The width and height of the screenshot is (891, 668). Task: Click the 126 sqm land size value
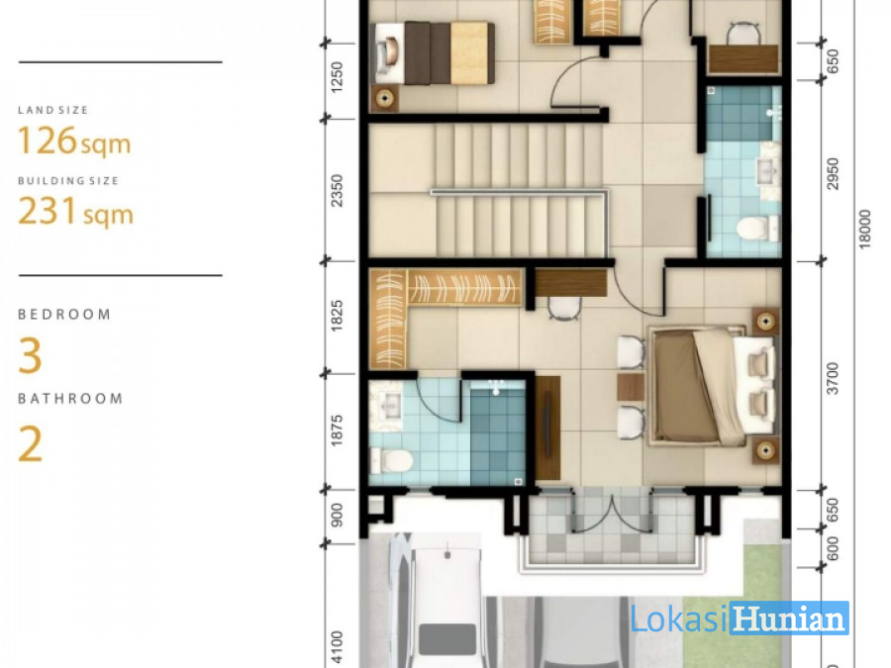74,141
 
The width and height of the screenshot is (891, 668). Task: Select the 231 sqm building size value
75,212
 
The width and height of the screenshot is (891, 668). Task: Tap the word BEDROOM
64,315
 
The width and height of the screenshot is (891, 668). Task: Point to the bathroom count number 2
30,444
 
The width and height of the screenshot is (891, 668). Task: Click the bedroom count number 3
30,356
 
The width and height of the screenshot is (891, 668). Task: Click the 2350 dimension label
337,190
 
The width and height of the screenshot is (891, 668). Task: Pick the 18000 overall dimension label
864,230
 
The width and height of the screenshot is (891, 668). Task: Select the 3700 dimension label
833,378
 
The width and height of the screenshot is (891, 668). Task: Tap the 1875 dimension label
337,431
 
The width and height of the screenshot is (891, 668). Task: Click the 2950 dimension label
833,174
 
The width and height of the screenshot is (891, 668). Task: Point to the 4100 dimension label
337,647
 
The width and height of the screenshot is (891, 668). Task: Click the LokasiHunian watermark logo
740,618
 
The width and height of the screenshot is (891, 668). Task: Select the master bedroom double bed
713,386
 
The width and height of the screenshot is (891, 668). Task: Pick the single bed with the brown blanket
433,52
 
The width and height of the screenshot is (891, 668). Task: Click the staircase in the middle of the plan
517,191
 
